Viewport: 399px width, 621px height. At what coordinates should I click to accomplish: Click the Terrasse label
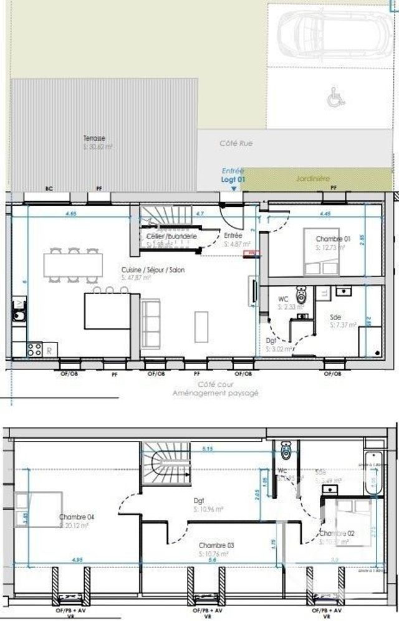click(95, 138)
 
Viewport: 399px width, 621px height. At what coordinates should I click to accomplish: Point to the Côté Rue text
click(236, 143)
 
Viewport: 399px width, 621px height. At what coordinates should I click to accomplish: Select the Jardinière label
click(312, 178)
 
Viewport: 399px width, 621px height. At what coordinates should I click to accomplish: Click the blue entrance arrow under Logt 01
click(234, 187)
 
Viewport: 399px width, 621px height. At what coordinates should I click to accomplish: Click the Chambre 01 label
click(333, 239)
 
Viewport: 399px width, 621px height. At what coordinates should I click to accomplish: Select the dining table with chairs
click(73, 265)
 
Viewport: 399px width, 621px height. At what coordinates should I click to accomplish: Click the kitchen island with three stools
click(107, 310)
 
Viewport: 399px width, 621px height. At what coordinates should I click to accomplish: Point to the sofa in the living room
click(150, 323)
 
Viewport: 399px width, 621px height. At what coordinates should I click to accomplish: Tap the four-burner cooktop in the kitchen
click(34, 349)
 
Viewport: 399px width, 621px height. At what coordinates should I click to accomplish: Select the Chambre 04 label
click(76, 518)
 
